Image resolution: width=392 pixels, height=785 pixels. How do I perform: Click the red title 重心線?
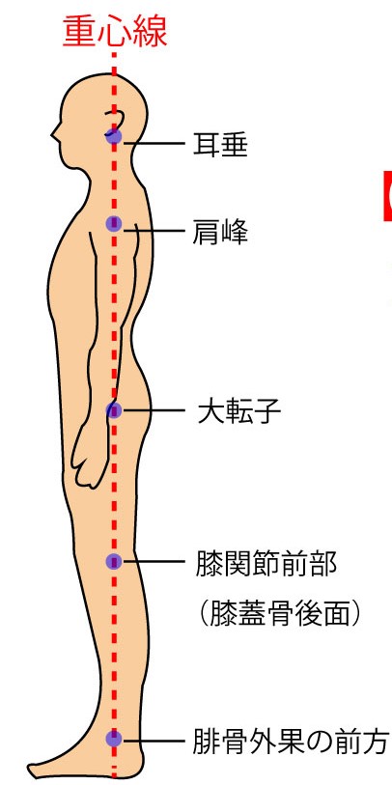point(115,32)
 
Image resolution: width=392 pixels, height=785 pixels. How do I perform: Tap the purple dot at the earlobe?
point(114,136)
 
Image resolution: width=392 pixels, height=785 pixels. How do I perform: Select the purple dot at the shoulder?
point(114,224)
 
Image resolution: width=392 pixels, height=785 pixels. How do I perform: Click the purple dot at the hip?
point(114,410)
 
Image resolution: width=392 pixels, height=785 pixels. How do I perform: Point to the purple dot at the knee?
point(114,562)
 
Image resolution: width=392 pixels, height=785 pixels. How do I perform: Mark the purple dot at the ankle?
point(114,739)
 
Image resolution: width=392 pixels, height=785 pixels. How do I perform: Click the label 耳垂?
point(220,144)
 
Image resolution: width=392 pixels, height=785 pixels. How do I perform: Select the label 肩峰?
point(220,232)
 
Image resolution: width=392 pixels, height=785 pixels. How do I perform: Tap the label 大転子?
point(239,411)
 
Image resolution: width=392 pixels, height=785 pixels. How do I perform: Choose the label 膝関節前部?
point(266,564)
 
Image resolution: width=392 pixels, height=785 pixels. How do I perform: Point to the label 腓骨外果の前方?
point(291,742)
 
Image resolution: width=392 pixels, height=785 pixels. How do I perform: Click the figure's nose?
point(54,132)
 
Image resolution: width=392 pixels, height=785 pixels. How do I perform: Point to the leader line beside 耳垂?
point(154,144)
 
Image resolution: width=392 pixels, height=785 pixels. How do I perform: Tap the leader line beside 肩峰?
point(154,230)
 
